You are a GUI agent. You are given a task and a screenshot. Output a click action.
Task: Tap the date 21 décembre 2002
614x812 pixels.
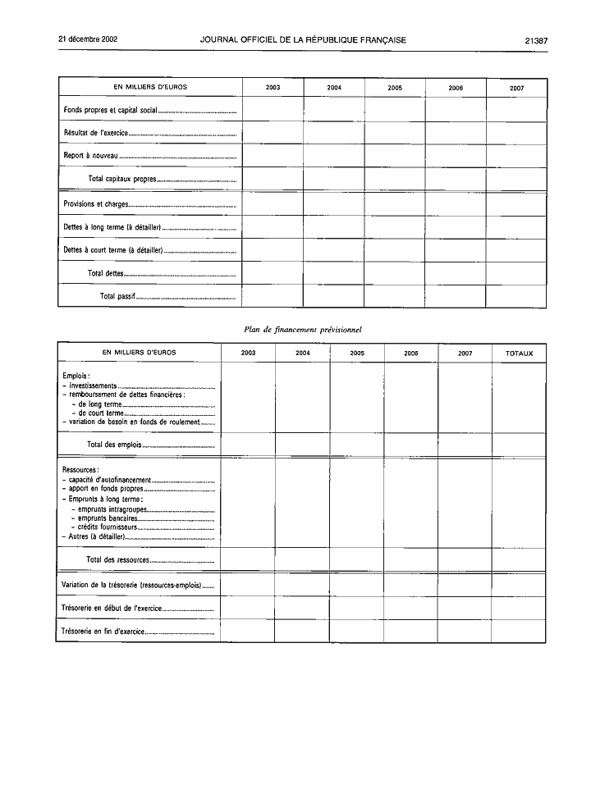[x=88, y=39]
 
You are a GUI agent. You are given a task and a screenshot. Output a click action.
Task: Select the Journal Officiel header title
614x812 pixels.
[x=302, y=40]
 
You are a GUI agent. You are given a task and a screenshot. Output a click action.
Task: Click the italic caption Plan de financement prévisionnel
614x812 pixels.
[x=303, y=329]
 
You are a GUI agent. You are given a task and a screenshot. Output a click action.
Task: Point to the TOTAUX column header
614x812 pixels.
[x=519, y=354]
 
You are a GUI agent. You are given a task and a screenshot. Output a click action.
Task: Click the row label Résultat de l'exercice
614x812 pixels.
[x=96, y=133]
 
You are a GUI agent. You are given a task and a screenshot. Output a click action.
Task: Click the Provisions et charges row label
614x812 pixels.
[x=96, y=204]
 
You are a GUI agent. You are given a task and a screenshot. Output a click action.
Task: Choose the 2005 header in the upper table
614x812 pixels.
[x=395, y=88]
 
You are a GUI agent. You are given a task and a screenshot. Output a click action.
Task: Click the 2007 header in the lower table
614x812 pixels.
[x=465, y=354]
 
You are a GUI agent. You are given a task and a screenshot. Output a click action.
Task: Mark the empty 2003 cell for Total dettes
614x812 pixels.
[x=273, y=273]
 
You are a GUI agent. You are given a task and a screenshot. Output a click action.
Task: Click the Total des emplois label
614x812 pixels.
[x=114, y=445]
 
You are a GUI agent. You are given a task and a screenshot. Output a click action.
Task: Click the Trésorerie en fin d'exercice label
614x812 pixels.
[x=103, y=632]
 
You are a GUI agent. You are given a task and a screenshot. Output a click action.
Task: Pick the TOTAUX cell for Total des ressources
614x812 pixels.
[x=519, y=559]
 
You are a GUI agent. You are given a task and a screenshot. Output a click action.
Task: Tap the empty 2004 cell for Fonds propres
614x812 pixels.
[x=334, y=109]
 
